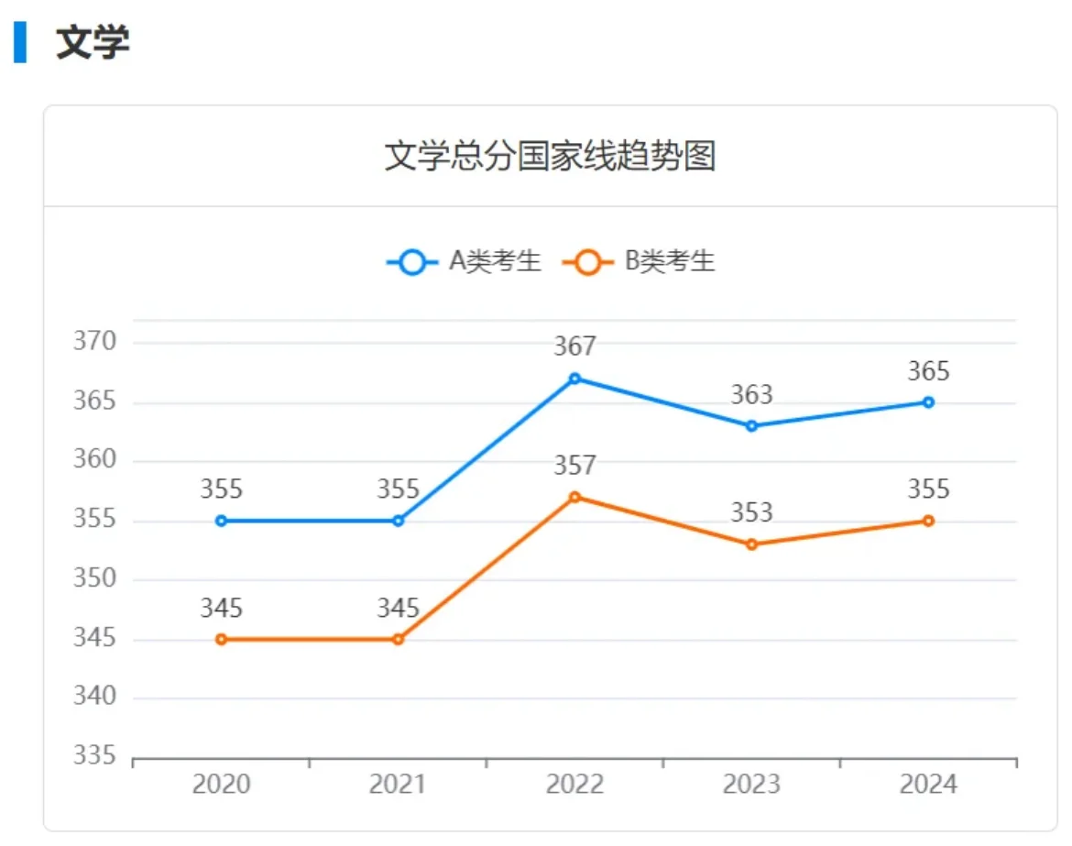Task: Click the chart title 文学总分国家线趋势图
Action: [x=549, y=157]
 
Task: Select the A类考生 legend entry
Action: [x=465, y=262]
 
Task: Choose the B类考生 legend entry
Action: [x=639, y=262]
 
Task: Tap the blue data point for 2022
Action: [x=574, y=378]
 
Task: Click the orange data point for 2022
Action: [x=574, y=497]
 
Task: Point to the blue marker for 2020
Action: [x=221, y=521]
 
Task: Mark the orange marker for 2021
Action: [x=398, y=639]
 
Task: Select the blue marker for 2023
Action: [x=751, y=425]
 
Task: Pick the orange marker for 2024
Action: [x=928, y=521]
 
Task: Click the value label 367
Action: [x=574, y=346]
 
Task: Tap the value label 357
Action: [x=574, y=466]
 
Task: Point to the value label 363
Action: [x=751, y=395]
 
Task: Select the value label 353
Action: [x=751, y=512]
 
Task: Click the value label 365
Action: [x=928, y=371]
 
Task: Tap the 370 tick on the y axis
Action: [x=95, y=342]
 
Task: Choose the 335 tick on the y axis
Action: [x=95, y=756]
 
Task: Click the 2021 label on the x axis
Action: [x=398, y=785]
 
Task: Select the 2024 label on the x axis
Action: [x=928, y=785]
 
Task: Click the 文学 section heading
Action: [x=93, y=43]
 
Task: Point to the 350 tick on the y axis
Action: [x=95, y=579]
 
